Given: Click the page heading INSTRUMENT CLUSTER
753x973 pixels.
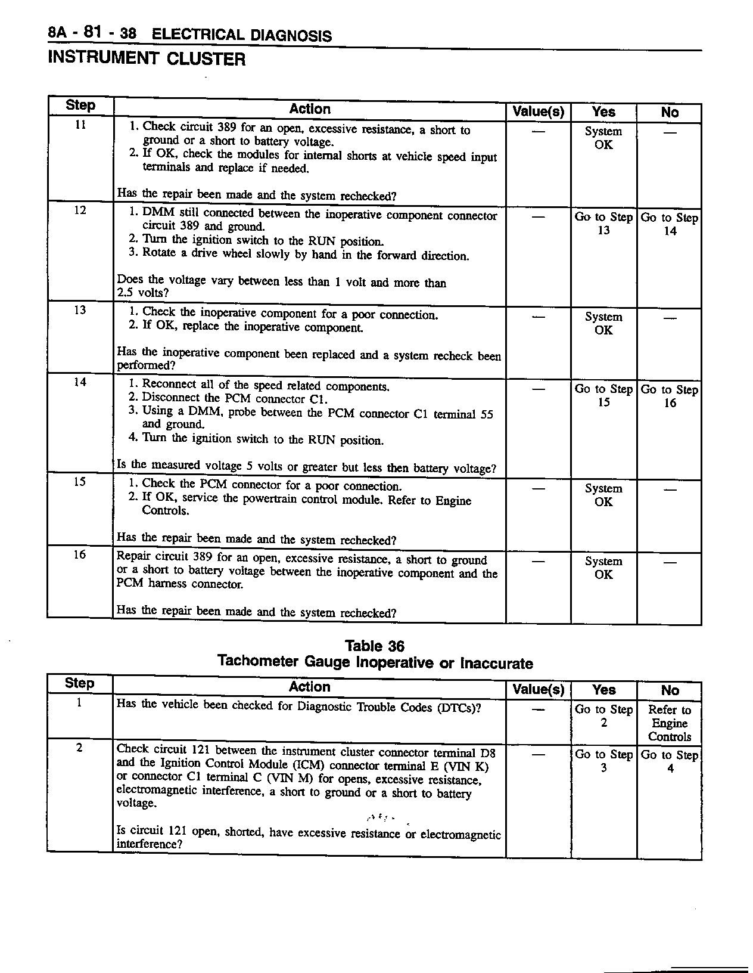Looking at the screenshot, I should [x=146, y=58].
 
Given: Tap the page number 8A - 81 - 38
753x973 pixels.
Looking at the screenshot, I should [x=92, y=33].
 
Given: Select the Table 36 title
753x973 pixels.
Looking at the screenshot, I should [x=375, y=646].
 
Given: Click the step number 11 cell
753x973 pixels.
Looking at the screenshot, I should [x=80, y=125].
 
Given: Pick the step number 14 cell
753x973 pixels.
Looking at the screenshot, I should [x=80, y=382].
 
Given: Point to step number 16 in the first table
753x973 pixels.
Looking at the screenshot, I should [x=80, y=554].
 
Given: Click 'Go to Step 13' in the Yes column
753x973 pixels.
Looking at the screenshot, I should [x=603, y=224].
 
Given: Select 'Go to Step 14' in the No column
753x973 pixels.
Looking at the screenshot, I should [x=670, y=224].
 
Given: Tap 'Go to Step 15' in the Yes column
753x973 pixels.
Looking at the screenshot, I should [x=603, y=395].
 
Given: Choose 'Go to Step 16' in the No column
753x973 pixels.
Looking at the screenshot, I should [x=670, y=396].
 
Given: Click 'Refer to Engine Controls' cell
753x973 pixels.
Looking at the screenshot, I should [x=670, y=723].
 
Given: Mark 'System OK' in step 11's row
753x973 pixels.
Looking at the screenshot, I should [x=603, y=138].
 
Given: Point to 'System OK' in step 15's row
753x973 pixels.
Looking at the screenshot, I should [x=603, y=495].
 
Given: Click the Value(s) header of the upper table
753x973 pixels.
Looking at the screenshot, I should [x=539, y=112].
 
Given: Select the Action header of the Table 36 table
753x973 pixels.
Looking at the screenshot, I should [x=309, y=687].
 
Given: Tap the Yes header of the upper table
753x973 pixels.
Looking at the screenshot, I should [x=603, y=112].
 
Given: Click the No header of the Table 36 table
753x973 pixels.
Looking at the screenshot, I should [x=670, y=690].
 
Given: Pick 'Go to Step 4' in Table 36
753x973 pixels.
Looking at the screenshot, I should [x=670, y=761].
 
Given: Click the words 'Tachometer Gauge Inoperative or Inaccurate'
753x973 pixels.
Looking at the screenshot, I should [x=375, y=662].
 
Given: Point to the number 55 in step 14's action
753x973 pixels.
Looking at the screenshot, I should [x=486, y=414].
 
